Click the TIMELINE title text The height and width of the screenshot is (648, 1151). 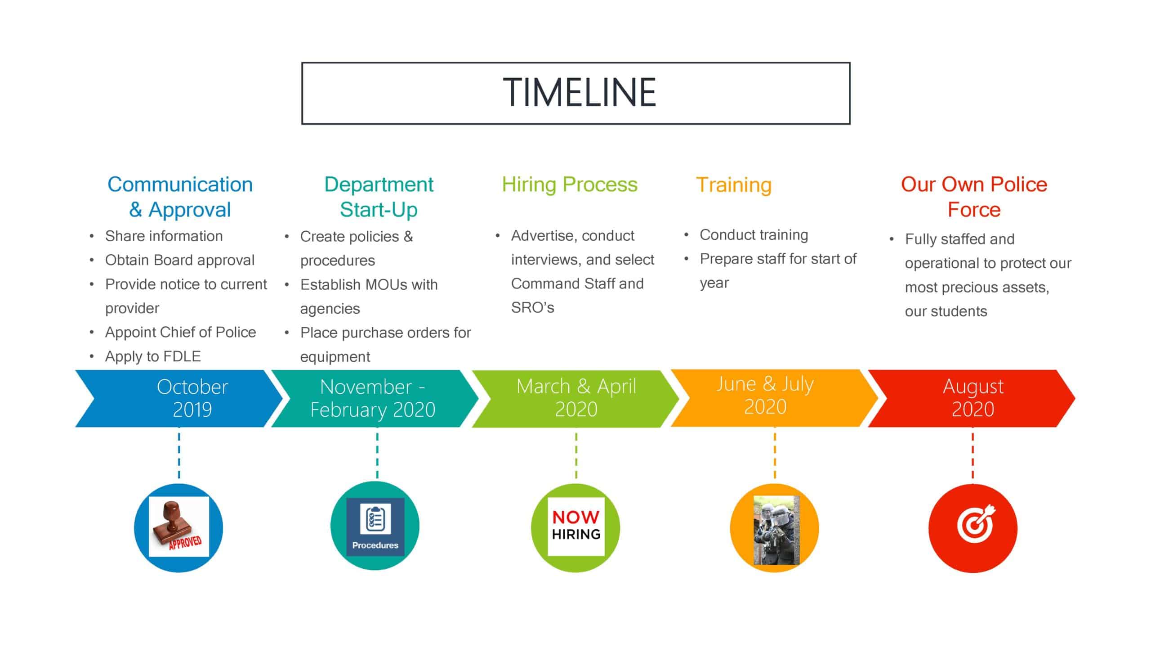[x=580, y=92]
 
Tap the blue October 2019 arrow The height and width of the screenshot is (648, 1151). [x=179, y=398]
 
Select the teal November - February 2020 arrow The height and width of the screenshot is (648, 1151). [x=375, y=398]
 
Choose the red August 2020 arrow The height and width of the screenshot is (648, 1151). [x=972, y=398]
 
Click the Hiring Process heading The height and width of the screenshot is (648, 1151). [x=570, y=184]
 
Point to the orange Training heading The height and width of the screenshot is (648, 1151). [x=734, y=185]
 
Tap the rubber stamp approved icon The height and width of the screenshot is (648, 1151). [x=179, y=526]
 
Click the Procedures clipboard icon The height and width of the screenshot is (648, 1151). [x=375, y=526]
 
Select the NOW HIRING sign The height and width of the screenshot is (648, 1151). [x=576, y=526]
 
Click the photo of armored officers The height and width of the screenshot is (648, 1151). [x=776, y=530]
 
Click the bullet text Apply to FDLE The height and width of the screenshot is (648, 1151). [x=153, y=356]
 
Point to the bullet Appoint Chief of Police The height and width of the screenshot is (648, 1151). [x=180, y=332]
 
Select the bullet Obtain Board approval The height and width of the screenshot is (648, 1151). [x=180, y=260]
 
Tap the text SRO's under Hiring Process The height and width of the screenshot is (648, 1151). [x=532, y=307]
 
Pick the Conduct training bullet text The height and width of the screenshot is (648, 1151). [x=754, y=234]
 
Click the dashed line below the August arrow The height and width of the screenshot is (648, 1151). [x=973, y=455]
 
